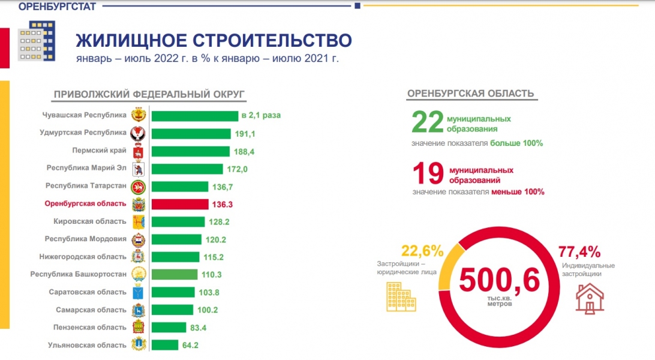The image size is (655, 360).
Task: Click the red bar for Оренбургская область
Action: pyautogui.click(x=179, y=204)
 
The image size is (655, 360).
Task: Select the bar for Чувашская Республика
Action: pyautogui.click(x=194, y=115)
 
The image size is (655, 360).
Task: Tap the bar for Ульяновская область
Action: pyautogui.click(x=165, y=345)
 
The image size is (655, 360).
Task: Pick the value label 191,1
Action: pyautogui.click(x=245, y=134)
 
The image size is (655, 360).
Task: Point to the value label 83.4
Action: pyautogui.click(x=200, y=328)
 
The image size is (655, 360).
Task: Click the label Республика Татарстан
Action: pyautogui.click(x=86, y=186)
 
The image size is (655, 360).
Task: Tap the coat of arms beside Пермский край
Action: pyautogui.click(x=138, y=151)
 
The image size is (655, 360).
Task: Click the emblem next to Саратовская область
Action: pyautogui.click(x=138, y=292)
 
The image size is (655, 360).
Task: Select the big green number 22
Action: pyautogui.click(x=426, y=122)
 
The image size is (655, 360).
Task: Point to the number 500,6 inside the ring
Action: pyautogui.click(x=500, y=280)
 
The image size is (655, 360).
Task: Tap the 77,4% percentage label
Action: pyautogui.click(x=579, y=251)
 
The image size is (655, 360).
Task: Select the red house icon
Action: pyautogui.click(x=590, y=298)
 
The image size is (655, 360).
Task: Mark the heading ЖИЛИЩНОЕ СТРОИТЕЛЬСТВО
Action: pyautogui.click(x=214, y=40)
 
